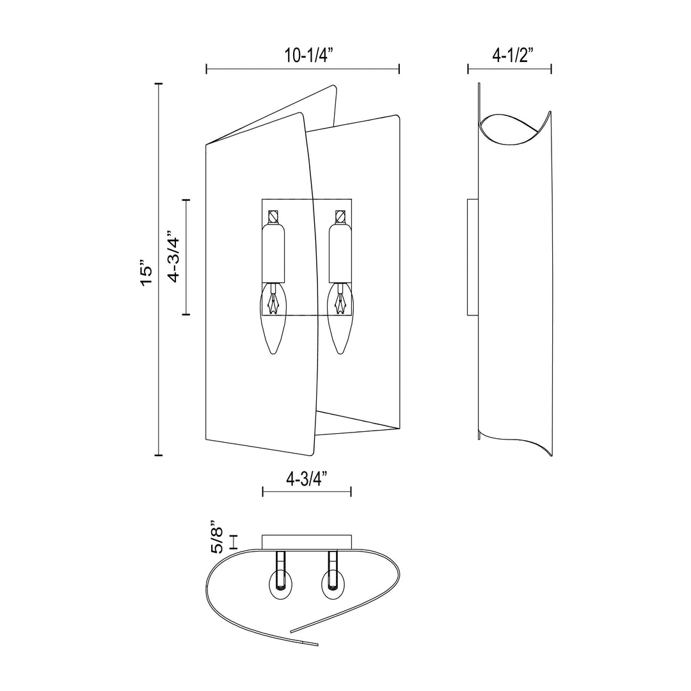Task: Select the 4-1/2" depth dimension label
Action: pyautogui.click(x=509, y=56)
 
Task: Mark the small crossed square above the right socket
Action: pyautogui.click(x=340, y=216)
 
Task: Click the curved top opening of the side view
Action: pyautogui.click(x=514, y=130)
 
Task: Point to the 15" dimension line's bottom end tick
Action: pyautogui.click(x=159, y=455)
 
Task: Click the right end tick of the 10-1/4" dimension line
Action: pyautogui.click(x=399, y=69)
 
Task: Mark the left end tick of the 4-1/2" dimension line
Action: pyautogui.click(x=468, y=69)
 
